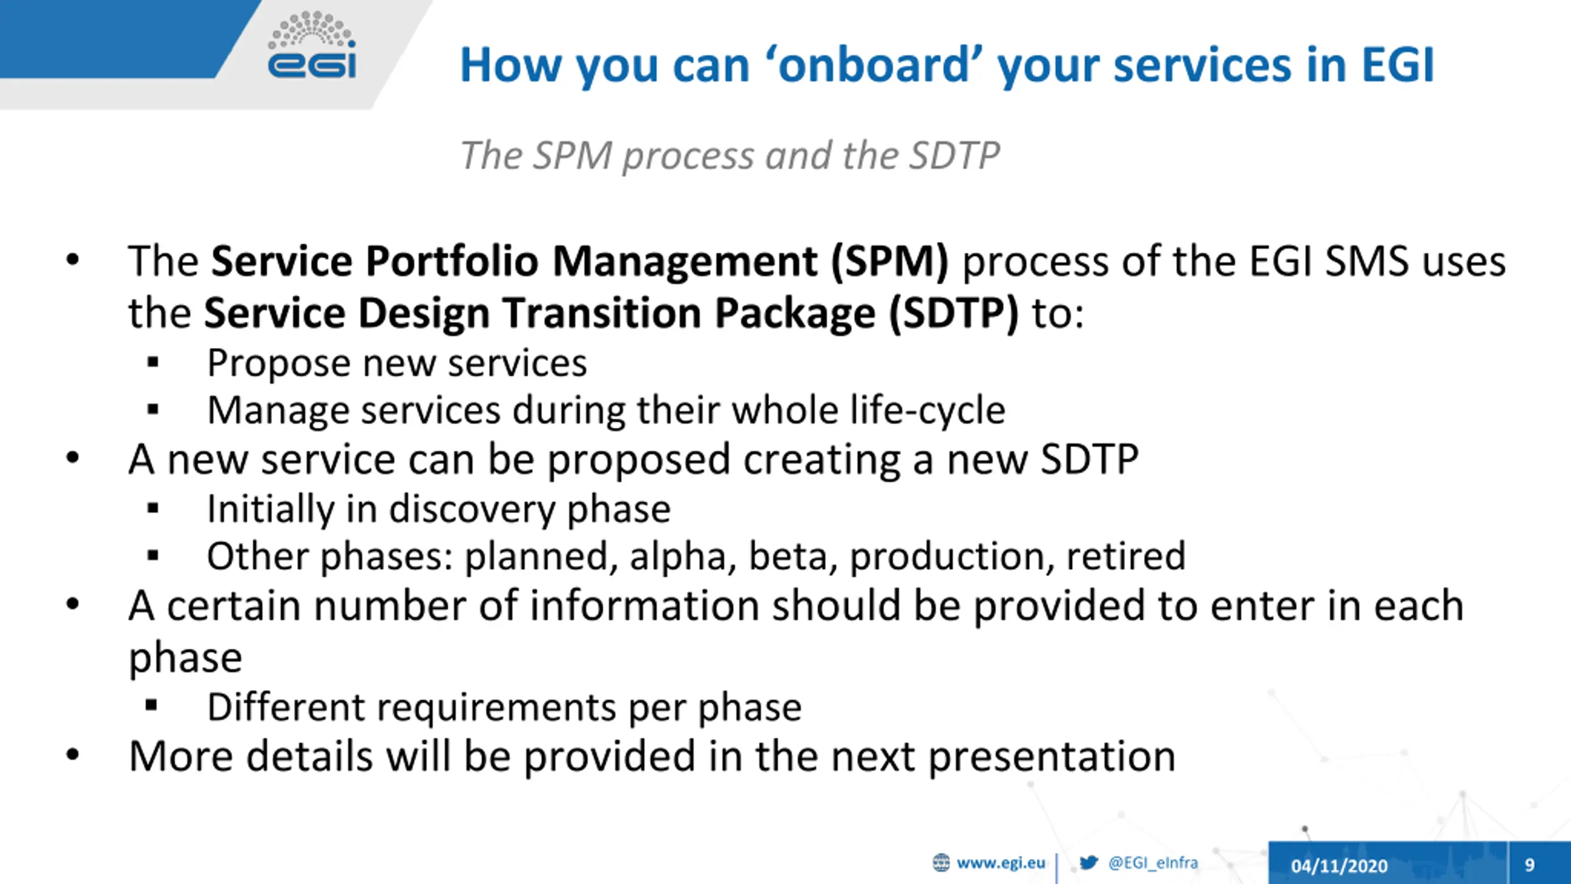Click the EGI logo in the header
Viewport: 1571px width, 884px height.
pos(312,45)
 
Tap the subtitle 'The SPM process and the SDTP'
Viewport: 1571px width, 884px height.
pos(730,155)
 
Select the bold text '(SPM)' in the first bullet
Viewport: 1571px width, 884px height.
pos(889,262)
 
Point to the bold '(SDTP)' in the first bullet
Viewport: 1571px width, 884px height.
pos(954,313)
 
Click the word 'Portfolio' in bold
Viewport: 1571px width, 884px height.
pos(453,262)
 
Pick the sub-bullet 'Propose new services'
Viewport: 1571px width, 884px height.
pos(397,363)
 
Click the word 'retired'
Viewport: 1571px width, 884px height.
pos(1126,556)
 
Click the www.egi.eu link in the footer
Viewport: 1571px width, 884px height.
pos(1001,863)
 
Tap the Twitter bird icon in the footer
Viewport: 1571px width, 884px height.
pos(1089,863)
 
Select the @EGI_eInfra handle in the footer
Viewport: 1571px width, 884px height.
pos(1153,863)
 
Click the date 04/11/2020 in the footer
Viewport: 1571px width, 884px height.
pos(1340,866)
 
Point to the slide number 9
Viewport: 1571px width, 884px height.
pos(1529,865)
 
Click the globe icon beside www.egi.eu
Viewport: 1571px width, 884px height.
pos(941,863)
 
